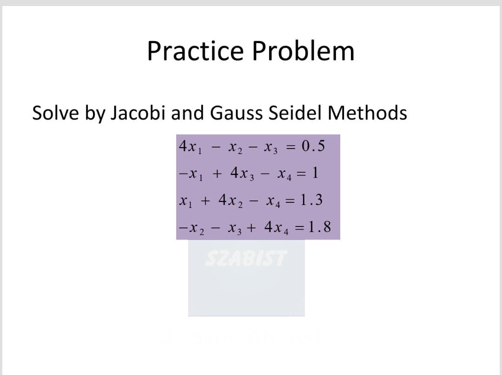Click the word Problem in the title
pyautogui.click(x=303, y=51)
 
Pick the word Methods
pyautogui.click(x=368, y=113)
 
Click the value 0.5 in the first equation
pyautogui.click(x=313, y=147)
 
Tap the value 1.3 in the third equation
pyautogui.click(x=311, y=200)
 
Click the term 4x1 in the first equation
pyautogui.click(x=188, y=147)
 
